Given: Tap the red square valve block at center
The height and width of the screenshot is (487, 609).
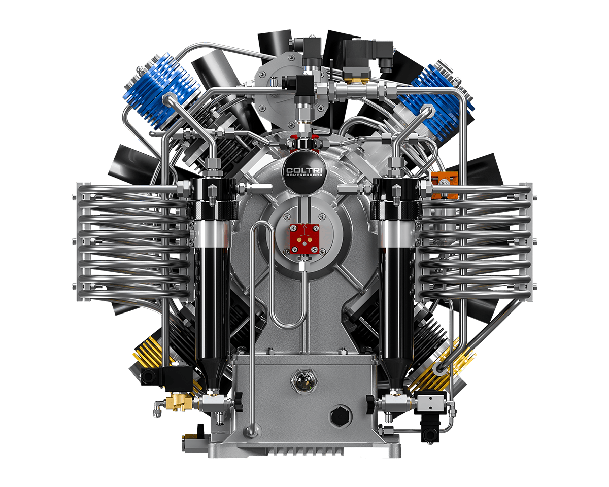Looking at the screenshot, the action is (x=304, y=239).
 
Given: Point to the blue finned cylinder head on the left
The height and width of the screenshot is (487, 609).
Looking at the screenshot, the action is (x=161, y=92).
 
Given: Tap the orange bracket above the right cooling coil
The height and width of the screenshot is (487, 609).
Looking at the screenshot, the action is (x=444, y=184).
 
